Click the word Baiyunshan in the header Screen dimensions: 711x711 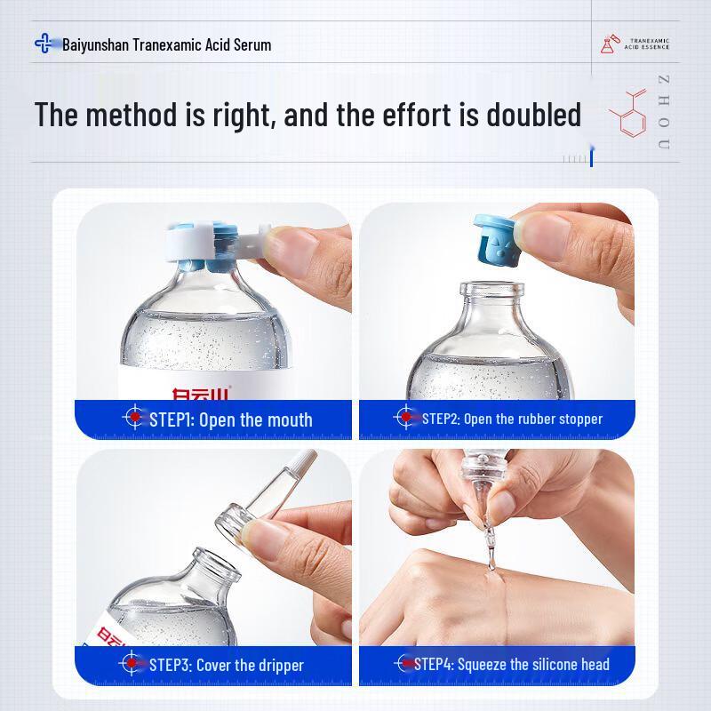tap(95, 44)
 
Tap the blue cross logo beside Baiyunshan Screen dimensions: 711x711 tap(44, 43)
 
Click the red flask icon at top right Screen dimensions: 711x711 tap(608, 44)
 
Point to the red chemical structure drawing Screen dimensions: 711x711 tap(629, 114)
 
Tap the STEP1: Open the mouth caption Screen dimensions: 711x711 tap(230, 419)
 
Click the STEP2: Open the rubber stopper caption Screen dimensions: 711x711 tap(512, 419)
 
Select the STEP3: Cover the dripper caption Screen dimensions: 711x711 tap(226, 665)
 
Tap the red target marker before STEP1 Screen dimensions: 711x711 tap(134, 417)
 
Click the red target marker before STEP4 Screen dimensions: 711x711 tap(405, 663)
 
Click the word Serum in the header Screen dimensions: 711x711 tap(252, 44)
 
